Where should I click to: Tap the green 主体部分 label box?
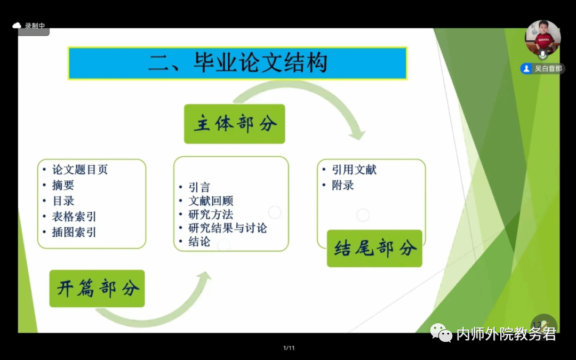(234, 124)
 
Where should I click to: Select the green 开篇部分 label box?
(97, 289)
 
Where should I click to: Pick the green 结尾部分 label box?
(375, 249)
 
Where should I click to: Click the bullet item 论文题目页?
(79, 170)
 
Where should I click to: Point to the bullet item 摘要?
(63, 185)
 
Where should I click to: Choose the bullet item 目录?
(63, 201)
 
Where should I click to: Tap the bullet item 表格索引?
(74, 217)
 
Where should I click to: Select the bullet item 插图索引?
(74, 232)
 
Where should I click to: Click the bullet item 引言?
(199, 187)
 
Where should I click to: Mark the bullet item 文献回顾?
(211, 201)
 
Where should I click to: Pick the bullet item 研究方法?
(211, 214)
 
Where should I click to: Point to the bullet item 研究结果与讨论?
(228, 228)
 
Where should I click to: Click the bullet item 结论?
(199, 242)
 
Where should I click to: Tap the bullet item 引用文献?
(354, 170)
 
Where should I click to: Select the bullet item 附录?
(343, 185)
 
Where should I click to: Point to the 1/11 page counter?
(289, 348)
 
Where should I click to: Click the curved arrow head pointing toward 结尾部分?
(357, 134)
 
